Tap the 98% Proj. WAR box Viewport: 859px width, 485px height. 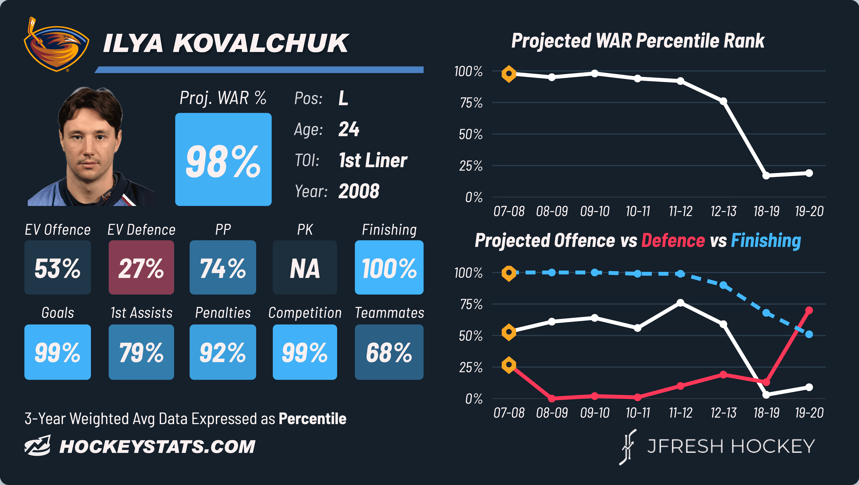(x=223, y=159)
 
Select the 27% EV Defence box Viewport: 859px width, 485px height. (x=141, y=267)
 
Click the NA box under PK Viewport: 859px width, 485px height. (x=305, y=267)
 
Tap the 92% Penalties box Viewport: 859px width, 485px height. (x=223, y=352)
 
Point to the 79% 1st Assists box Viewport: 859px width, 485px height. (x=141, y=352)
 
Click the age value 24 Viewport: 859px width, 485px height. (x=349, y=129)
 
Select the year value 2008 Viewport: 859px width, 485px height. (x=359, y=191)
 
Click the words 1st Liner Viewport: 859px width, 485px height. (x=373, y=160)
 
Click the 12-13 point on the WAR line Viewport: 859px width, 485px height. (x=723, y=101)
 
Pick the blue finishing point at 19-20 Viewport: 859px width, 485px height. (x=809, y=334)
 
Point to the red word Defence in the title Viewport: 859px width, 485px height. (x=673, y=241)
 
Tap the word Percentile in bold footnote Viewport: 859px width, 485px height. (x=313, y=419)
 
